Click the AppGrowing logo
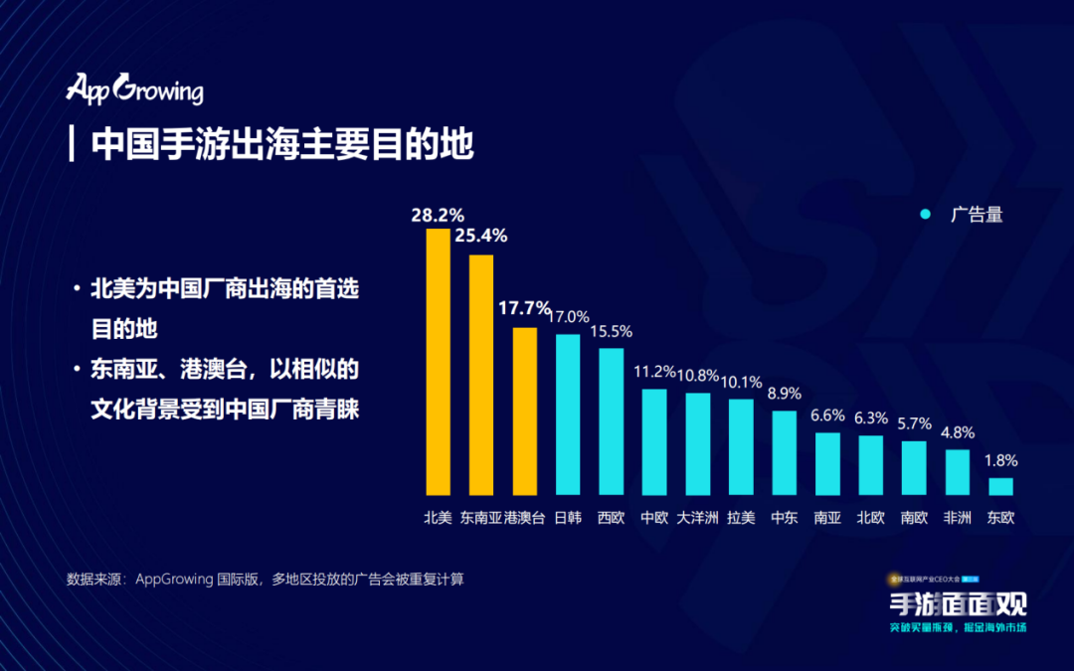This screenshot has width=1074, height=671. (x=134, y=88)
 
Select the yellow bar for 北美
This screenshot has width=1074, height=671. (x=439, y=362)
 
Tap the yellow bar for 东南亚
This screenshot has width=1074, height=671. (x=481, y=375)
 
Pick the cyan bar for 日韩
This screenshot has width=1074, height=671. (x=568, y=415)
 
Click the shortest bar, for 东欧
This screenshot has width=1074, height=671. (x=1000, y=486)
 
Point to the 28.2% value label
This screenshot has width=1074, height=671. (x=439, y=215)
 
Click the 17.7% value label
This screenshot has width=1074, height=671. (x=524, y=308)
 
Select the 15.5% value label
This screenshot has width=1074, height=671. (x=611, y=331)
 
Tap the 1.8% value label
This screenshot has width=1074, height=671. (x=1000, y=461)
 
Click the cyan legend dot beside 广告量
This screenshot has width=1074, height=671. (x=925, y=215)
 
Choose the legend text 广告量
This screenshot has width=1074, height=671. (x=976, y=215)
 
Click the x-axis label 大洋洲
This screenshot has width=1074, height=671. (x=697, y=518)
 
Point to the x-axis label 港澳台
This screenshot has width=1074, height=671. (x=524, y=518)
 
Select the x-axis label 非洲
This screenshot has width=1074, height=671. (x=957, y=518)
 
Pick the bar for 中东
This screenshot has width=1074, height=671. (x=784, y=452)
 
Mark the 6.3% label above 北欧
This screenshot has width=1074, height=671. (x=870, y=418)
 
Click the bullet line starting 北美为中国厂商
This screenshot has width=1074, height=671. (x=224, y=290)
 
